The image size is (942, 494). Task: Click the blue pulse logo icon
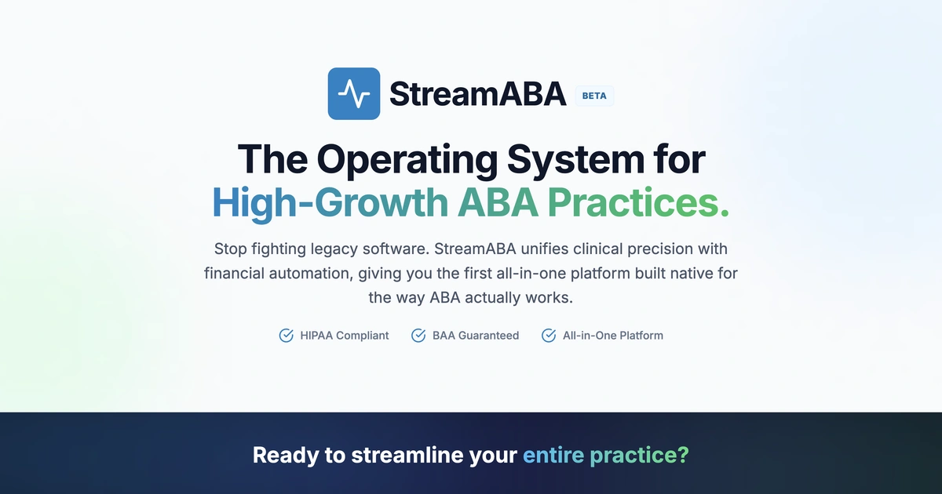coord(354,94)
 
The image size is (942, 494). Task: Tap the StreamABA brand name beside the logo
coord(477,94)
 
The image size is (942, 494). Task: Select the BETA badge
coord(594,96)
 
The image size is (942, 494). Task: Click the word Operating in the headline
coord(407,159)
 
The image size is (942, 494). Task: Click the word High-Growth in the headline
coord(329,202)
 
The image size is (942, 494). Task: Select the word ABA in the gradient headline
coord(497,202)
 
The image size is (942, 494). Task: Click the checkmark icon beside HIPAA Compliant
coord(287,336)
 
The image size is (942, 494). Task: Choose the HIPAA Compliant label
coord(344,336)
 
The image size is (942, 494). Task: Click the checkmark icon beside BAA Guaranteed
coord(418,336)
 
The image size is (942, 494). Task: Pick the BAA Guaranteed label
coord(475,336)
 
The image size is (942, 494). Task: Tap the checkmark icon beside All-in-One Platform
coord(549,336)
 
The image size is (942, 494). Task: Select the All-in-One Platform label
coord(612,336)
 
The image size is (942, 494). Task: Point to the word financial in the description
coord(233,274)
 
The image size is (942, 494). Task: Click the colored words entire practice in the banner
coord(604,456)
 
